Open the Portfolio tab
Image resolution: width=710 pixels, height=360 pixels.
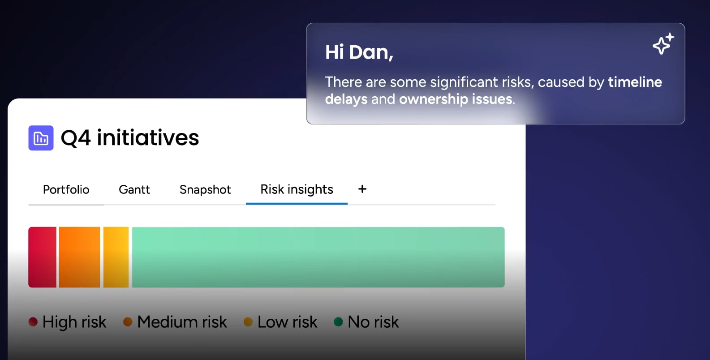tap(66, 190)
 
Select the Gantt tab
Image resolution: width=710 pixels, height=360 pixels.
tap(134, 190)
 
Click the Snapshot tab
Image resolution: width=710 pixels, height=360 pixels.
tap(205, 190)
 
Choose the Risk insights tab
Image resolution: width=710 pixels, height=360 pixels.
tap(297, 189)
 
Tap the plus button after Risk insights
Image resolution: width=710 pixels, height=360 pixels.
tap(362, 189)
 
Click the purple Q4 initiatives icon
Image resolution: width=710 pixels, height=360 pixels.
tap(41, 138)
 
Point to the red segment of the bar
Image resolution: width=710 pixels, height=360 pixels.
tap(43, 257)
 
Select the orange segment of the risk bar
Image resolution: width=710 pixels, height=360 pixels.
tap(79, 257)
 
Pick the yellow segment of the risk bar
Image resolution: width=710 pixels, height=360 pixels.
tap(116, 257)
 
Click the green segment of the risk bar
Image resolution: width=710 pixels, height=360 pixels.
tap(318, 257)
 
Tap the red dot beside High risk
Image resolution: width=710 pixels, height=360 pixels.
tap(33, 322)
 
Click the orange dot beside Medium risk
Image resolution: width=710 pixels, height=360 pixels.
tap(128, 322)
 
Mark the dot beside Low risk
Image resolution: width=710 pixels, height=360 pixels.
tap(248, 322)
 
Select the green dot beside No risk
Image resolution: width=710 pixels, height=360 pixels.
tap(338, 322)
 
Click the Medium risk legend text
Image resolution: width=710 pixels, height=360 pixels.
tap(182, 322)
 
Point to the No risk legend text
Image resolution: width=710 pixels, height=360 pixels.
tap(373, 322)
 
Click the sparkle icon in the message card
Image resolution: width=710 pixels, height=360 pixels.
tap(663, 44)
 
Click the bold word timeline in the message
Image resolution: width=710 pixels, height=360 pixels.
tap(635, 82)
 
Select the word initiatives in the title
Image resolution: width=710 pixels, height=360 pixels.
tap(148, 138)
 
